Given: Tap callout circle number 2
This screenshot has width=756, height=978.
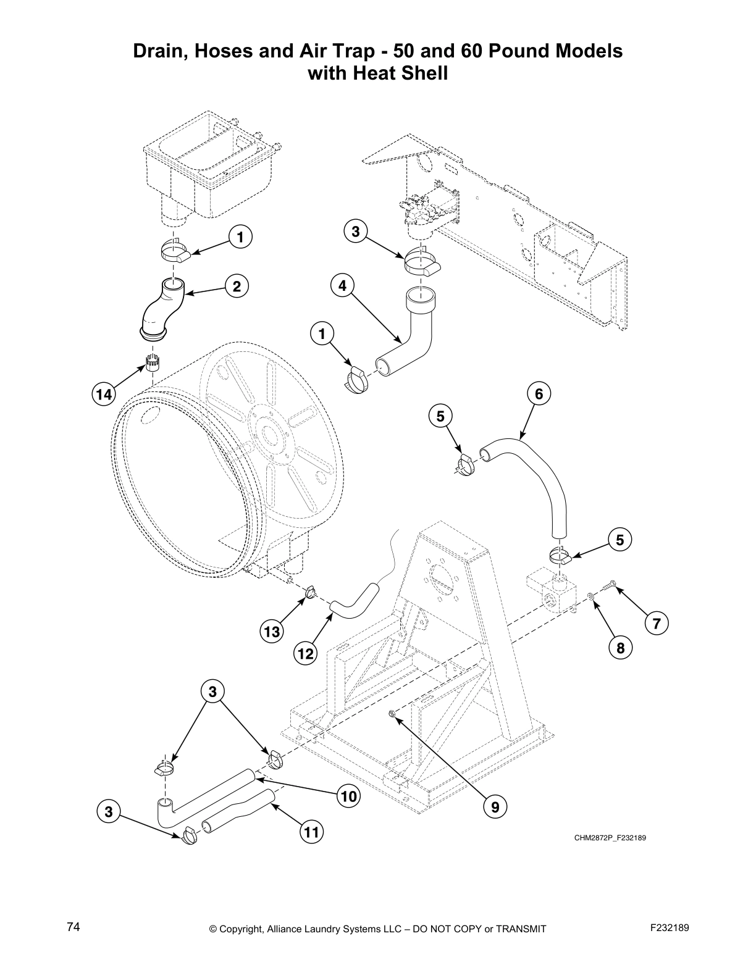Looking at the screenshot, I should click(x=236, y=285).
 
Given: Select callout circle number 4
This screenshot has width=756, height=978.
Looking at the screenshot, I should click(x=342, y=285).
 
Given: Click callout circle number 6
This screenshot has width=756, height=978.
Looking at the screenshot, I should click(x=539, y=393).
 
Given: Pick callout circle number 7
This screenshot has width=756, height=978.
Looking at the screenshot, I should click(x=656, y=624).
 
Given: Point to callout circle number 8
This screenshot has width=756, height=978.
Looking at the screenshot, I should click(x=620, y=647).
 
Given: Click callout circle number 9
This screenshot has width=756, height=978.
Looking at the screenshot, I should click(x=495, y=806).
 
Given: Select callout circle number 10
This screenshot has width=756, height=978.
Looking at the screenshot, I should click(x=349, y=796).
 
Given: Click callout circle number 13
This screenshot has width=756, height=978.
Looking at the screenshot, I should click(x=272, y=632).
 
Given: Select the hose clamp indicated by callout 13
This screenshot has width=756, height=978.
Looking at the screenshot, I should click(x=311, y=593).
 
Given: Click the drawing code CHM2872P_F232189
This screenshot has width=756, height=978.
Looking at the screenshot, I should click(x=610, y=838).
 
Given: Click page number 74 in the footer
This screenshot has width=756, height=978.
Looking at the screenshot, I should click(x=73, y=927).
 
